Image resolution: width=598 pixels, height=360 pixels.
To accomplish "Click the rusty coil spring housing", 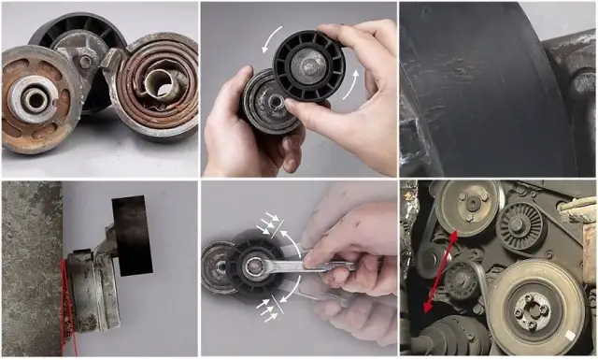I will click(161, 87).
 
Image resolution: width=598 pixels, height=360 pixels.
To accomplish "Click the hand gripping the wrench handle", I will click(360, 252).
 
